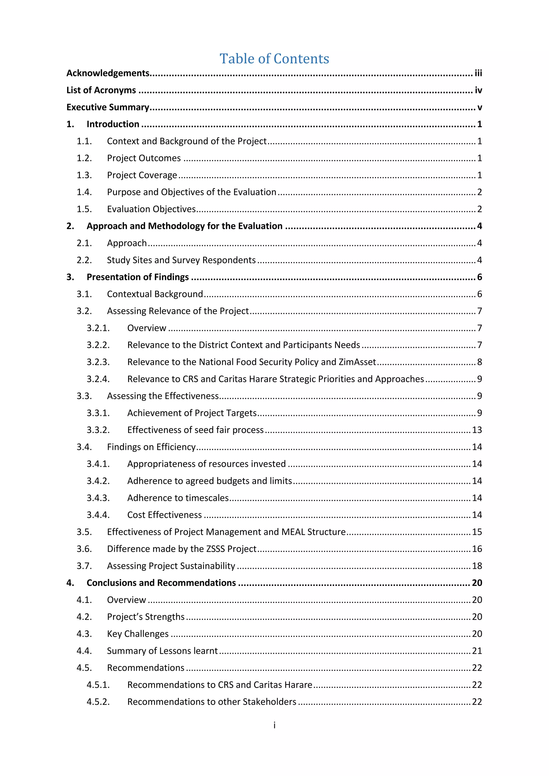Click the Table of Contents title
tap(274, 59)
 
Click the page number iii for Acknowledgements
tap(478, 73)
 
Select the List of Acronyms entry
tap(101, 90)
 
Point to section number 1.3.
tap(84, 175)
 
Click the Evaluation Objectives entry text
tap(151, 209)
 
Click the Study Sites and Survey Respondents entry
tap(181, 260)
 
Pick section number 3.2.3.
tap(98, 362)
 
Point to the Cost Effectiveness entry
tap(164, 515)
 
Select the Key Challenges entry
tap(138, 634)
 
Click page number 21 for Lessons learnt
tap(477, 651)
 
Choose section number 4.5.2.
tap(98, 702)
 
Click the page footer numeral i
tap(274, 725)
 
